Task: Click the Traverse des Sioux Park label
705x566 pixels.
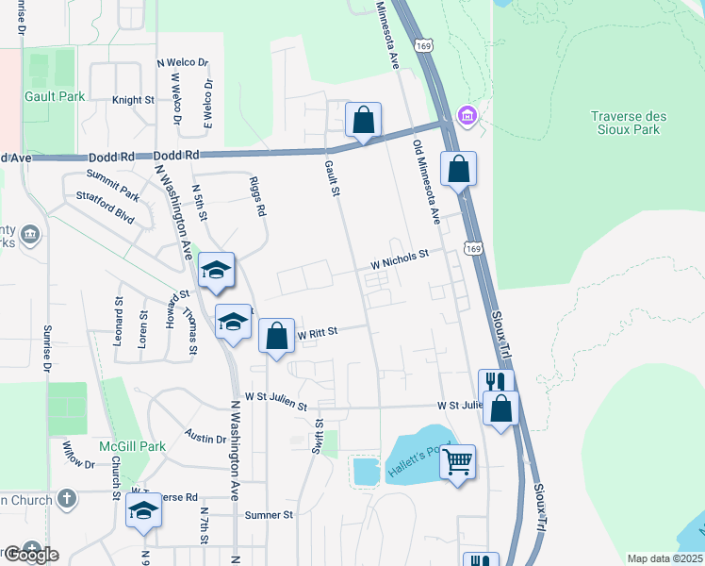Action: (628, 123)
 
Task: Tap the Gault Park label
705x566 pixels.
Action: (56, 96)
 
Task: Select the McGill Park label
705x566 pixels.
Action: (133, 446)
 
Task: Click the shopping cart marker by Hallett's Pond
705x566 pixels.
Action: (458, 462)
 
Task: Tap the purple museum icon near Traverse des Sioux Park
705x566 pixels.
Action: (466, 116)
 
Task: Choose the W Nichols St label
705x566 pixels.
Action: (399, 256)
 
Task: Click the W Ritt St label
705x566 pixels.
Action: (318, 332)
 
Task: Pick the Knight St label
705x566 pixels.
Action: (133, 100)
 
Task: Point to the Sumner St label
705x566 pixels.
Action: (270, 515)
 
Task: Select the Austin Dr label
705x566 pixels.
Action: (205, 439)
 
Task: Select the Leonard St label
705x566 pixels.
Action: (119, 323)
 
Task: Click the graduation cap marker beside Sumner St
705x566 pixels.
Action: (143, 510)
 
